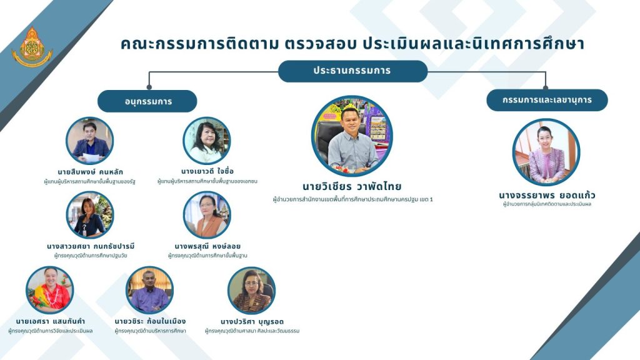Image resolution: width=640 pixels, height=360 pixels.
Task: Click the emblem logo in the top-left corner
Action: click(x=32, y=47)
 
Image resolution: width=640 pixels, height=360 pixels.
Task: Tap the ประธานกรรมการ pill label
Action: click(x=352, y=71)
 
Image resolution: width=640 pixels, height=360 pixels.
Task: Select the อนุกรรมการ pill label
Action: click(x=147, y=101)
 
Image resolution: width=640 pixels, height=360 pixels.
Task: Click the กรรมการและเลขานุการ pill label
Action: click(x=547, y=100)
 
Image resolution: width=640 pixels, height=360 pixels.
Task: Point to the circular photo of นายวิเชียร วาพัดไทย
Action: click(x=352, y=136)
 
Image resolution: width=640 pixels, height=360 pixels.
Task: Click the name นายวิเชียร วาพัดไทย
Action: click(x=352, y=187)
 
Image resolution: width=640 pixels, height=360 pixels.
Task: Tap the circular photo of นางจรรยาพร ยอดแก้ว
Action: click(x=546, y=152)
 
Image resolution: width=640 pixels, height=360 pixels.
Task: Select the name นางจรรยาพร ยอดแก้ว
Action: click(x=547, y=195)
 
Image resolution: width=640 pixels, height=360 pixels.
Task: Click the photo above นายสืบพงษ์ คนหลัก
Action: click(x=90, y=141)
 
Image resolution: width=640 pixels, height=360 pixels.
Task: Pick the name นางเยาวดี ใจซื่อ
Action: click(x=207, y=171)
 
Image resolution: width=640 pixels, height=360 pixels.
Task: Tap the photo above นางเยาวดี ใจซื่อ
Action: click(x=206, y=141)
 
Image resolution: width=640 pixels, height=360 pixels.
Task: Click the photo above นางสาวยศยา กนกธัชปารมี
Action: click(x=90, y=215)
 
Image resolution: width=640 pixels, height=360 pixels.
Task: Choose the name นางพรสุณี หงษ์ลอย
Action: click(x=207, y=246)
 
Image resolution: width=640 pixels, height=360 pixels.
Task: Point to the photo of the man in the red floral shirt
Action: click(x=50, y=290)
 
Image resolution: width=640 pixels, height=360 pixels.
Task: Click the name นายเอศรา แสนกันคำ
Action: click(x=51, y=321)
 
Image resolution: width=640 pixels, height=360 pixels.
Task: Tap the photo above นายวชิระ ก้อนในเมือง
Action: click(x=150, y=290)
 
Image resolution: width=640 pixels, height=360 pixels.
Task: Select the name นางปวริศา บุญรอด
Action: click(x=252, y=322)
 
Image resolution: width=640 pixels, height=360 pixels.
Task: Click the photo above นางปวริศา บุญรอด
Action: click(x=251, y=291)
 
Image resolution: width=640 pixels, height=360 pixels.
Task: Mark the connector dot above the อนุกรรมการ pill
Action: click(x=149, y=87)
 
